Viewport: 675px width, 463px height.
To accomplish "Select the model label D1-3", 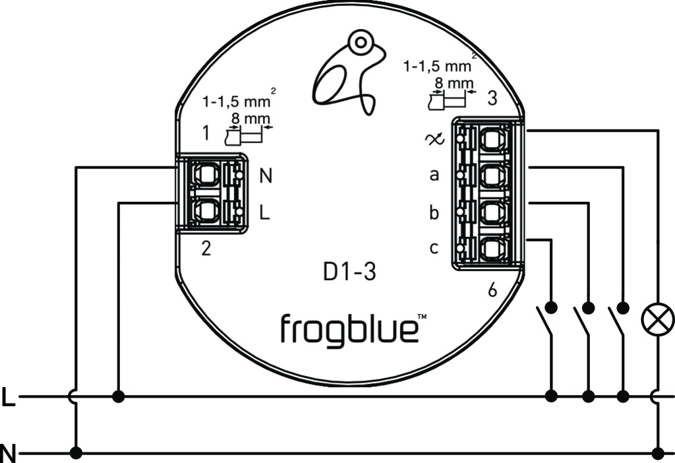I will point(350,271).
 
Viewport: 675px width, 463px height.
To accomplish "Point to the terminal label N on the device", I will point(266,176).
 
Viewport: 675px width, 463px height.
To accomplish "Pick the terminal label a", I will point(434,175).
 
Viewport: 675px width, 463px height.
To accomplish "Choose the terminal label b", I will point(434,213).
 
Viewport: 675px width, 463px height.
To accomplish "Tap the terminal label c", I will point(434,248).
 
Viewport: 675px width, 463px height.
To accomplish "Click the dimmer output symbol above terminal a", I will point(436,139).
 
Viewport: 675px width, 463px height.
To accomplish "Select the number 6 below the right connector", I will point(492,291).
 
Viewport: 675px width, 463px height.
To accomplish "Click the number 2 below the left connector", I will point(206,250).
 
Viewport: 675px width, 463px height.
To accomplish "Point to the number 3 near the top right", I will point(492,100).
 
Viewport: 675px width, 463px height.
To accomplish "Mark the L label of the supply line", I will point(8,398).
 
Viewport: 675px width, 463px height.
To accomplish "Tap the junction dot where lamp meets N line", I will point(657,453).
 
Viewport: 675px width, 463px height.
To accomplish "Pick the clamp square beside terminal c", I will point(491,249).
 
